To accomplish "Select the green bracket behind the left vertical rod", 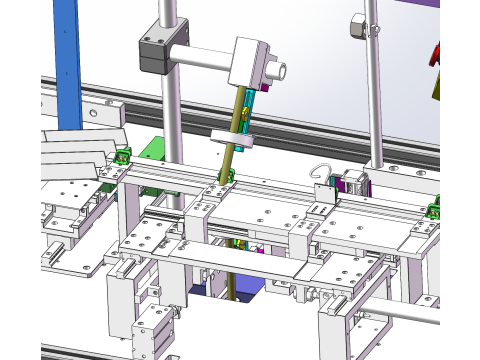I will pyautogui.click(x=154, y=150).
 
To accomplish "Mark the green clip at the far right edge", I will pyautogui.click(x=434, y=209).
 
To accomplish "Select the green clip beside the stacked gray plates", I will pyautogui.click(x=123, y=156).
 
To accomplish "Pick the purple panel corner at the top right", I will pyautogui.click(x=455, y=5).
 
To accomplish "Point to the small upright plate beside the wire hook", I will pyautogui.click(x=323, y=196).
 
